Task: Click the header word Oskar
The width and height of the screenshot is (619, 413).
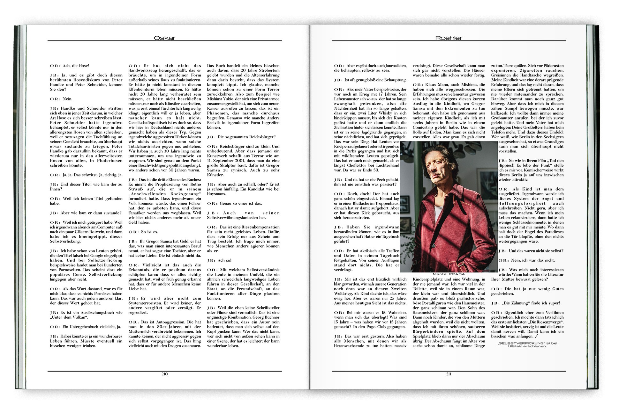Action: click(164, 38)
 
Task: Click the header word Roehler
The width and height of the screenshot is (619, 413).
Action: click(449, 38)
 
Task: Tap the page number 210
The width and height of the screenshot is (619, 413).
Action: click(165, 374)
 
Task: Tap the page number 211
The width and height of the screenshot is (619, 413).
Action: click(449, 374)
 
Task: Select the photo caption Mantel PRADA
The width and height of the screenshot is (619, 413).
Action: click(449, 274)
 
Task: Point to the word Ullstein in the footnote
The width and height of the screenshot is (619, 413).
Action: click(516, 346)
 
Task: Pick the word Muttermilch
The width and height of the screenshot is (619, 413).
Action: click(142, 331)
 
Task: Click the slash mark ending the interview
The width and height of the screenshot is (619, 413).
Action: click(536, 336)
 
